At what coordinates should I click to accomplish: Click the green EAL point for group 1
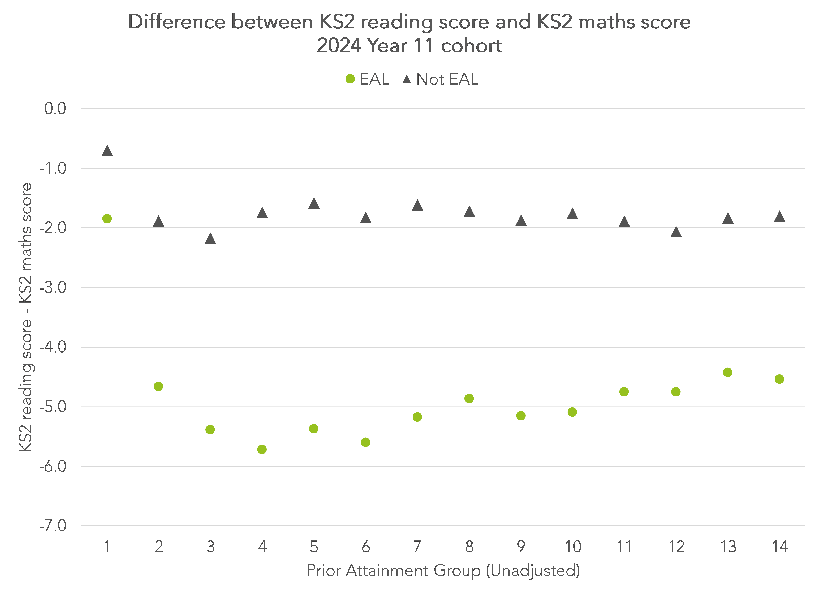click(107, 218)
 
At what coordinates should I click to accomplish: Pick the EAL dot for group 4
click(262, 449)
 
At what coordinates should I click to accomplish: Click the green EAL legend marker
click(350, 79)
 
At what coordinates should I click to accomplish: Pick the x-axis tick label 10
click(573, 547)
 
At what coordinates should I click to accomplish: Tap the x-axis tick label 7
click(417, 547)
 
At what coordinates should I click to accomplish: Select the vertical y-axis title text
click(26, 317)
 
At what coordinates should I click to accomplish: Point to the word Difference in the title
click(177, 22)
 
